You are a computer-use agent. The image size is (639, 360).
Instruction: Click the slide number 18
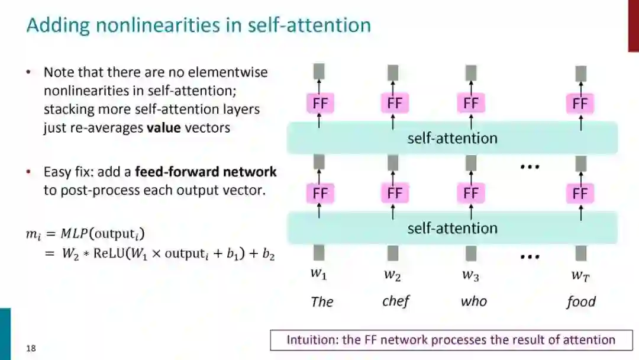click(x=31, y=348)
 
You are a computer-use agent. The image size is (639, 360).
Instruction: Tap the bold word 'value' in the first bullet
click(x=164, y=127)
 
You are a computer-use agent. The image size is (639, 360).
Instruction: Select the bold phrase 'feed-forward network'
click(x=206, y=172)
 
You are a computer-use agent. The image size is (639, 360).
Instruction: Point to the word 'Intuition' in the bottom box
click(x=311, y=340)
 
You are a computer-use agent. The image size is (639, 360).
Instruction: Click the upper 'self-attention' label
click(x=452, y=138)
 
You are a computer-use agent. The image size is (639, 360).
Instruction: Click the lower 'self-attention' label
click(x=452, y=228)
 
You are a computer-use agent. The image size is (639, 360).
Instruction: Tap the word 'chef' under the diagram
click(x=396, y=301)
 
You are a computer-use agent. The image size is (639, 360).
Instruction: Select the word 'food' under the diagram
click(x=580, y=301)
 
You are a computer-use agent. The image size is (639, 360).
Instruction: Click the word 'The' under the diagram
click(x=322, y=301)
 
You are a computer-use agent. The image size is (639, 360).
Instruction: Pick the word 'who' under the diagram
click(x=473, y=301)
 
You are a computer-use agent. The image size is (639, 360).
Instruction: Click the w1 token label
click(x=319, y=274)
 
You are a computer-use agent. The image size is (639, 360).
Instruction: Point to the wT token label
click(x=580, y=275)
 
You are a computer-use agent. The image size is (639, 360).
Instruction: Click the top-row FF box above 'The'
click(x=319, y=104)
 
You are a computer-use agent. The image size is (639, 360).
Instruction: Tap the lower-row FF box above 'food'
click(x=580, y=193)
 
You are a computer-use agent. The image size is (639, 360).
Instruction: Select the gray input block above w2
click(x=393, y=253)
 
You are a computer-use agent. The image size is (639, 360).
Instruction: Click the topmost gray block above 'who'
click(x=471, y=73)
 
